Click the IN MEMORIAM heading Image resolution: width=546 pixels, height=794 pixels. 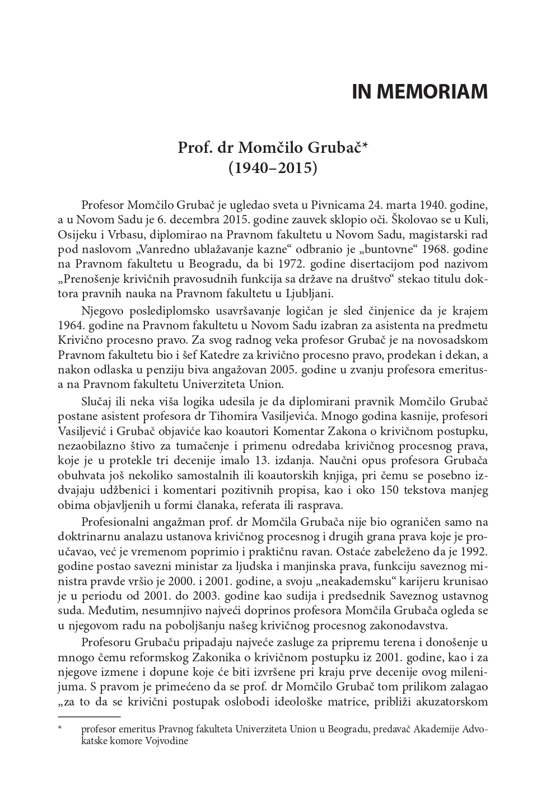(x=419, y=92)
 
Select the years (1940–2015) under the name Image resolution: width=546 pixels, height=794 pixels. (x=273, y=167)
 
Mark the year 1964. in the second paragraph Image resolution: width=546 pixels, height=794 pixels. (x=71, y=325)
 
